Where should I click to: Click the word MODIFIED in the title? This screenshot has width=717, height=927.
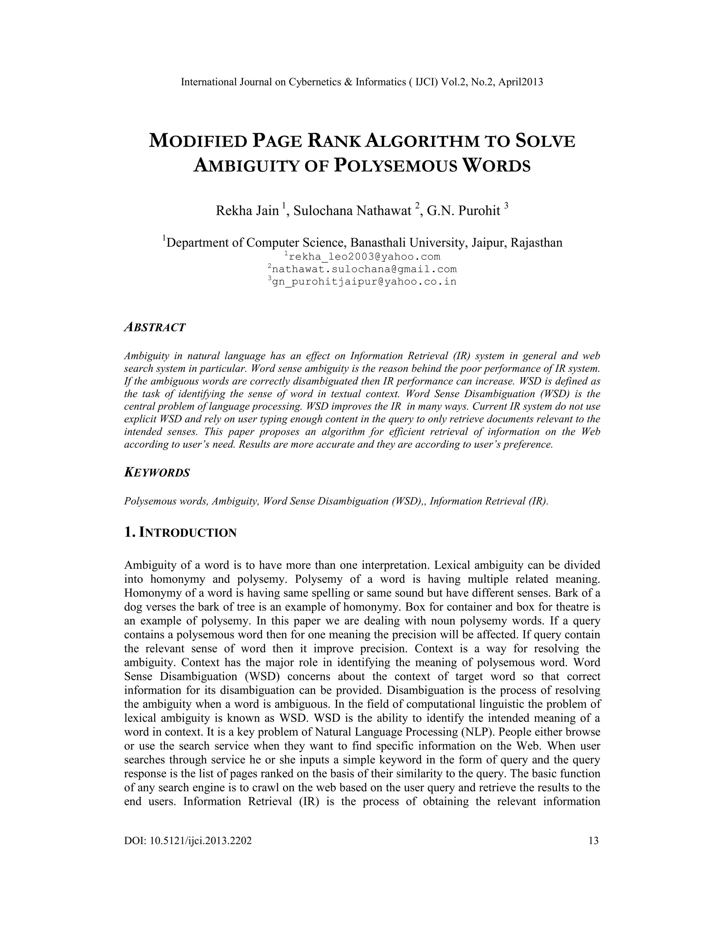[197, 141]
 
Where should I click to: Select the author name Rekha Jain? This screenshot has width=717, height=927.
[247, 211]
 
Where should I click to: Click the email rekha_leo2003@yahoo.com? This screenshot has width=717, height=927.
[364, 257]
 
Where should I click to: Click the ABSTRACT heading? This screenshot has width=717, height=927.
[155, 327]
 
